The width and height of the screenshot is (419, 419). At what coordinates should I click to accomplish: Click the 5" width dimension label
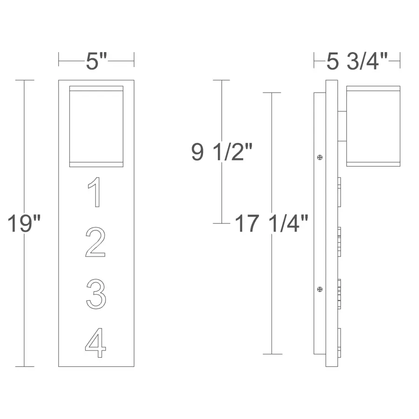tap(96, 61)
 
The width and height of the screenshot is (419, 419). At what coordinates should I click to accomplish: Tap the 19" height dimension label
tap(24, 224)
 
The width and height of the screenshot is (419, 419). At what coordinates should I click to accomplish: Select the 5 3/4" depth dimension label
tap(357, 61)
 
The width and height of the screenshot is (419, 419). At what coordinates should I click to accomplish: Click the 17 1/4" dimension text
tap(271, 224)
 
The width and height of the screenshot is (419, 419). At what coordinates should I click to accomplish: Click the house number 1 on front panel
tap(95, 192)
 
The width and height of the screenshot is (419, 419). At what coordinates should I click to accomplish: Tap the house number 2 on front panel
tap(96, 243)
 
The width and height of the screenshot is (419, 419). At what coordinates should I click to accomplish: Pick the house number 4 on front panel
tap(96, 343)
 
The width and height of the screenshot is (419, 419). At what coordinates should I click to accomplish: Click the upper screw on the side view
tap(319, 157)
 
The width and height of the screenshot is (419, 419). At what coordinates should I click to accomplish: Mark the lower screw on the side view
tap(319, 290)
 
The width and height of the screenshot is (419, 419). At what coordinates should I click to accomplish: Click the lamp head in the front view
tap(96, 126)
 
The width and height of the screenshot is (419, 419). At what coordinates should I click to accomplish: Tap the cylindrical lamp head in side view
tap(373, 126)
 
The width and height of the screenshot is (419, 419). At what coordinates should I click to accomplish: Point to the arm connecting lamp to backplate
tap(342, 126)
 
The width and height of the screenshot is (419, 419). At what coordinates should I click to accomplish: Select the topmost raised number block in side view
tap(340, 192)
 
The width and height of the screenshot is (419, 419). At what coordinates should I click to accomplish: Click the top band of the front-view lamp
tap(96, 88)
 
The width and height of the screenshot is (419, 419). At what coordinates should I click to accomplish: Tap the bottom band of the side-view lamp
tap(373, 164)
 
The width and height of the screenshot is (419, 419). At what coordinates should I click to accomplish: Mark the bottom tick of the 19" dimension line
tap(25, 366)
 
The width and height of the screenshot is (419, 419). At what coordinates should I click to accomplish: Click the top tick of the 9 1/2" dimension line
tap(222, 81)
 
